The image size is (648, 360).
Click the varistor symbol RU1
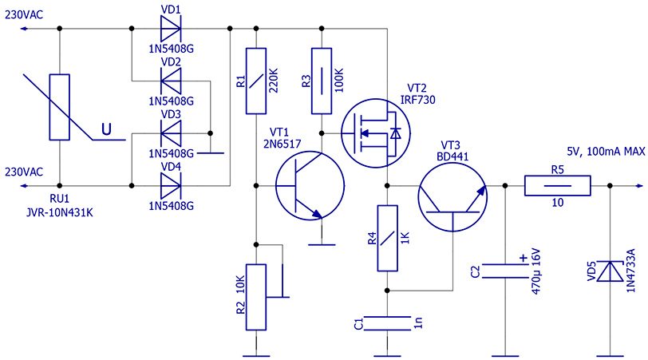[x=61, y=106]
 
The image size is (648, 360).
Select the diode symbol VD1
[x=170, y=30]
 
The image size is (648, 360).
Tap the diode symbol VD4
[x=170, y=185]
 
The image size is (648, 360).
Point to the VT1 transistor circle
[x=310, y=186]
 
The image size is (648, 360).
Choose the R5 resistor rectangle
[x=558, y=186]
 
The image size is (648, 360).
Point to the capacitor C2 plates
[x=505, y=271]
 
